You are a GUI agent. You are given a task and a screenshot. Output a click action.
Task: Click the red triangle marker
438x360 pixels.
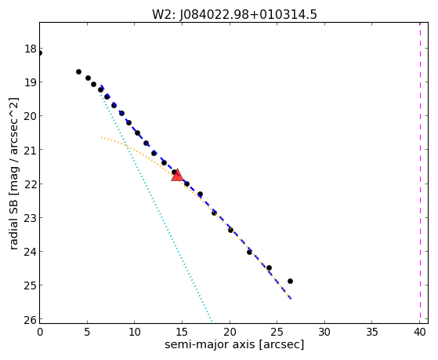(x=177, y=175)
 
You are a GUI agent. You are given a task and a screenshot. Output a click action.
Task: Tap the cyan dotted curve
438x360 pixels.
(x=157, y=207)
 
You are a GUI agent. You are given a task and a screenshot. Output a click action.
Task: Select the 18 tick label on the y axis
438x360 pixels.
(x=31, y=49)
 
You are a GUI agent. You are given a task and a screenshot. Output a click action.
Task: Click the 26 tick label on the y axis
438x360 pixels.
(x=31, y=319)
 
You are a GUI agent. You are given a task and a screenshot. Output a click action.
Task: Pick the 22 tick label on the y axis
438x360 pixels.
(x=31, y=184)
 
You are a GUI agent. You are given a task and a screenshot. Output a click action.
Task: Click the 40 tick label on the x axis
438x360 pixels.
(x=419, y=332)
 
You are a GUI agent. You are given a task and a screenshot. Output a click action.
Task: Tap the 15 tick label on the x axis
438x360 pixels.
(x=182, y=332)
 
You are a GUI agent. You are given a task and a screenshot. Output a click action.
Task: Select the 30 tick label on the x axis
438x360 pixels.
(x=324, y=332)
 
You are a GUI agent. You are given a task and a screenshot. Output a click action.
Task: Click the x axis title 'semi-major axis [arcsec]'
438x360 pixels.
(x=234, y=344)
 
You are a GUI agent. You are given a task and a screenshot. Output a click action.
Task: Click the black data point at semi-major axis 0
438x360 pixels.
(x=40, y=53)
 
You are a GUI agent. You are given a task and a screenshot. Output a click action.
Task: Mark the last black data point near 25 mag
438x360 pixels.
(x=290, y=281)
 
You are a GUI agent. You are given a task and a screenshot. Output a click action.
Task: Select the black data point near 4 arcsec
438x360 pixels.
(x=79, y=72)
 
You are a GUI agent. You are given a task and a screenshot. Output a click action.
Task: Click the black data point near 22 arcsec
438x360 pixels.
(x=249, y=252)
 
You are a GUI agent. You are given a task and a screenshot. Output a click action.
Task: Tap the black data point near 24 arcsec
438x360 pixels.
(x=269, y=268)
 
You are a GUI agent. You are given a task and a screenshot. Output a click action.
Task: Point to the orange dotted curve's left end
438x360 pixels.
(x=101, y=137)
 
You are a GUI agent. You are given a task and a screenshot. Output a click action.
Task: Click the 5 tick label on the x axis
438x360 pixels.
(x=87, y=332)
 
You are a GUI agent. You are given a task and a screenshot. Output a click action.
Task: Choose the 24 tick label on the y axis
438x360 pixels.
(x=31, y=252)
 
